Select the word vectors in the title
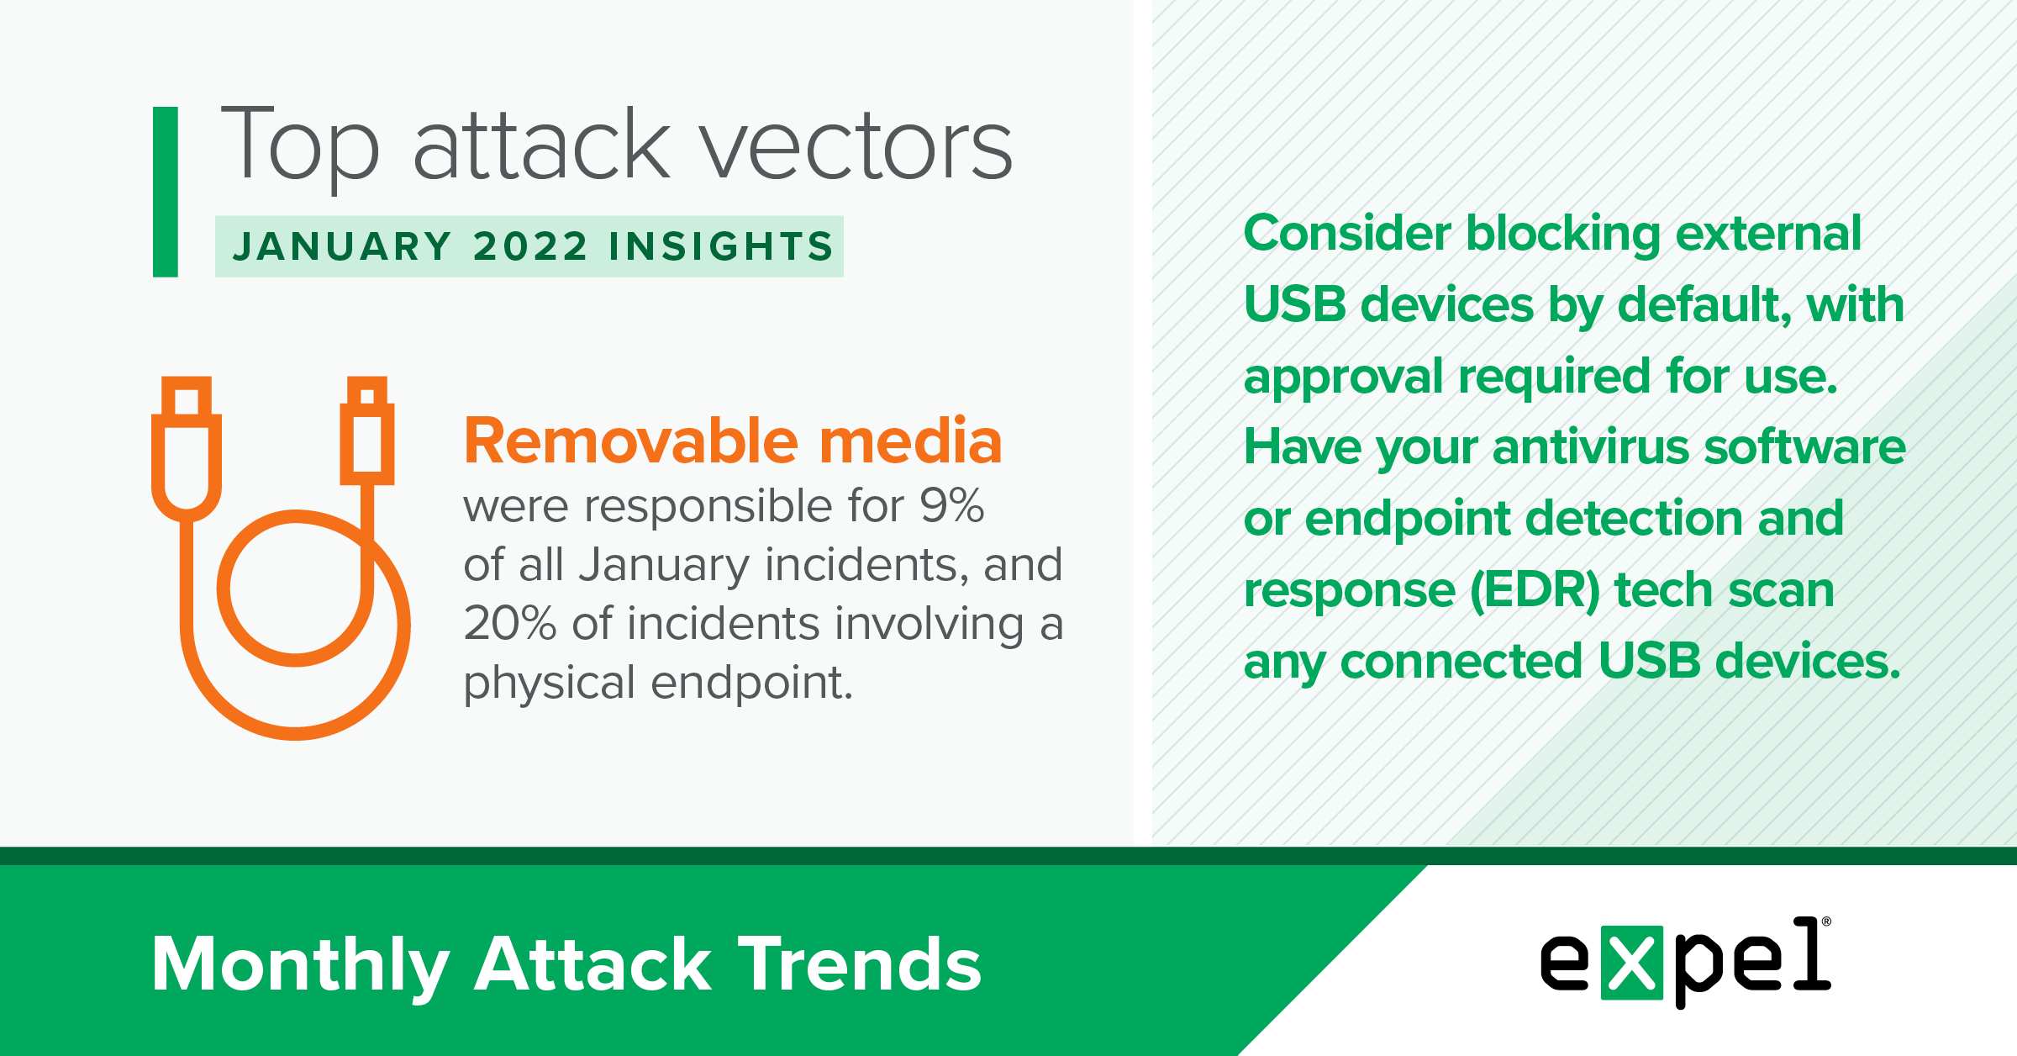coord(856,148)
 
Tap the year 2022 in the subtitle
coord(530,246)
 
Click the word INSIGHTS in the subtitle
coord(721,246)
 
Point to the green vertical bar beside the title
coord(166,192)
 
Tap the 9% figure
coord(951,506)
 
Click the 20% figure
coord(510,624)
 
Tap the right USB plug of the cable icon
coord(367,430)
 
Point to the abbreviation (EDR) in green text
coord(1535,590)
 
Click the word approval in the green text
coord(1344,378)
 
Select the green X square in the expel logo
coord(1632,963)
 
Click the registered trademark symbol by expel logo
coord(1825,922)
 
